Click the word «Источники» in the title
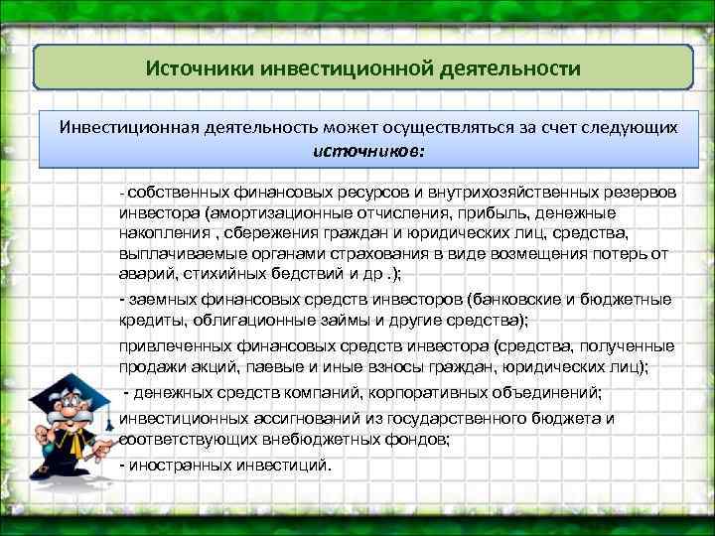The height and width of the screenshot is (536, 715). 200,70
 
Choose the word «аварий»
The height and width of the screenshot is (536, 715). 145,273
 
